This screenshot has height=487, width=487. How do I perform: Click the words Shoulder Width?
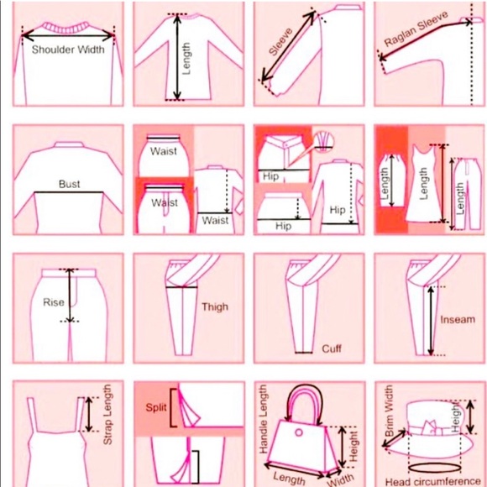(68, 50)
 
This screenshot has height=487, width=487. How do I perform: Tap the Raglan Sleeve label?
(416, 29)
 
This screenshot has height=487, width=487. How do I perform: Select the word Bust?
(69, 184)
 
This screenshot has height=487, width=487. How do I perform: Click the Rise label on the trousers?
(54, 302)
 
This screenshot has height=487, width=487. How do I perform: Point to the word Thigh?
(215, 306)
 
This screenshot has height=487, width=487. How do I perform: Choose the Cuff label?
(332, 348)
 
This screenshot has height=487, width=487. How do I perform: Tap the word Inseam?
(458, 319)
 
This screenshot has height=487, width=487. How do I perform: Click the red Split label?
(156, 407)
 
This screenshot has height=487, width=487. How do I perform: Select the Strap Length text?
(107, 415)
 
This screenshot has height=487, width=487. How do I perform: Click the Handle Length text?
(263, 419)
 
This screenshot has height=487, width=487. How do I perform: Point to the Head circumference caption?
(433, 482)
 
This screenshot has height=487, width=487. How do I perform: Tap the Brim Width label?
(389, 411)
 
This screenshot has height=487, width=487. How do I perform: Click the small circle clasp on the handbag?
(299, 432)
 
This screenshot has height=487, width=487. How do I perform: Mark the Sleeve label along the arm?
(280, 42)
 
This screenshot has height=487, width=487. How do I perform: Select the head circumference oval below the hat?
(434, 468)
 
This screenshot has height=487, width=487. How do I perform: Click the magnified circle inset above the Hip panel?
(323, 141)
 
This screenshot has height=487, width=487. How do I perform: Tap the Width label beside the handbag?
(341, 479)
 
